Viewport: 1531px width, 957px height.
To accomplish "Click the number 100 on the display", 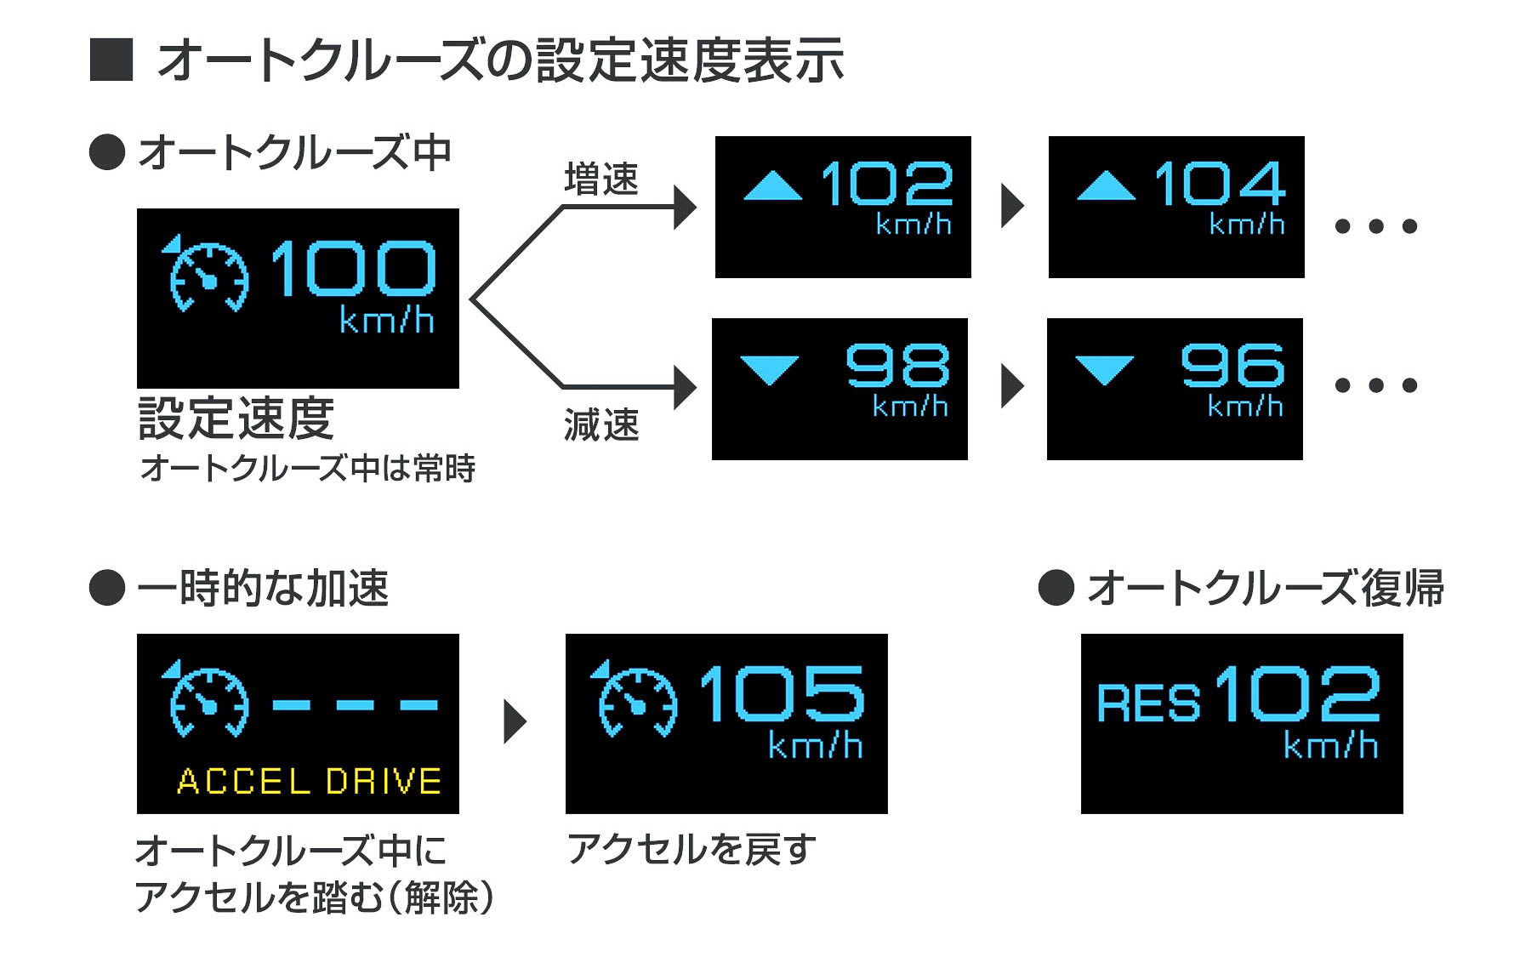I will [x=353, y=268].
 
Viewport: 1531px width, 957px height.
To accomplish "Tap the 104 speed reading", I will [x=1219, y=184].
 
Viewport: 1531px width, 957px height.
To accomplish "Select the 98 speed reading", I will [x=897, y=366].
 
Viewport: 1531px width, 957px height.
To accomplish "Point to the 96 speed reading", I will [x=1232, y=366].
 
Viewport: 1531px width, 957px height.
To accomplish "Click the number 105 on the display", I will [x=782, y=693].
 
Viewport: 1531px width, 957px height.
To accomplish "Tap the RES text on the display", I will [x=1147, y=704].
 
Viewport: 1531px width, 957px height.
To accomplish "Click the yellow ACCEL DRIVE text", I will [x=310, y=781].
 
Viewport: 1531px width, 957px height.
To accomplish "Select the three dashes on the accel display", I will [x=356, y=704].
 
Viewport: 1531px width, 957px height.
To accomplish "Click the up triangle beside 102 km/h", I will [x=772, y=186].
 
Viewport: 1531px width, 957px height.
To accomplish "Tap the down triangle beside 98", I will [x=770, y=368].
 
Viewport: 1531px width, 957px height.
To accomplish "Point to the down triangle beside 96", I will [x=1104, y=368].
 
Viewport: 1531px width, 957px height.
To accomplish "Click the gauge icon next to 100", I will [x=207, y=274].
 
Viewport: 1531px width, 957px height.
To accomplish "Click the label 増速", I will [x=600, y=179].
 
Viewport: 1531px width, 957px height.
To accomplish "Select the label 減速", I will [x=600, y=424].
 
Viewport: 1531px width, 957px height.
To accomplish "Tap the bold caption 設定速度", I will [x=236, y=419].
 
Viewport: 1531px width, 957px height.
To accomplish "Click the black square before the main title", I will [x=111, y=60].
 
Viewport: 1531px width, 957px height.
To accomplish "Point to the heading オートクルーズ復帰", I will [x=1265, y=588].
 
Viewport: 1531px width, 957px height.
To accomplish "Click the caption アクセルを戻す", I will [x=691, y=849].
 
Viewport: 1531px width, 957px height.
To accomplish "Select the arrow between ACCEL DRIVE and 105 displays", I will [x=514, y=721].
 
